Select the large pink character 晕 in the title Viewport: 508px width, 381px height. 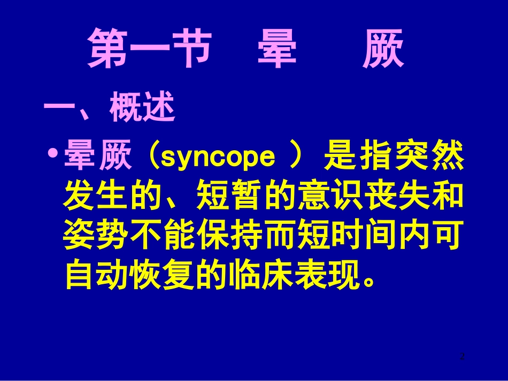coord(276,50)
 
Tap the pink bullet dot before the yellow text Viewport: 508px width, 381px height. coord(53,155)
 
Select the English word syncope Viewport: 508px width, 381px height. coord(218,157)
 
